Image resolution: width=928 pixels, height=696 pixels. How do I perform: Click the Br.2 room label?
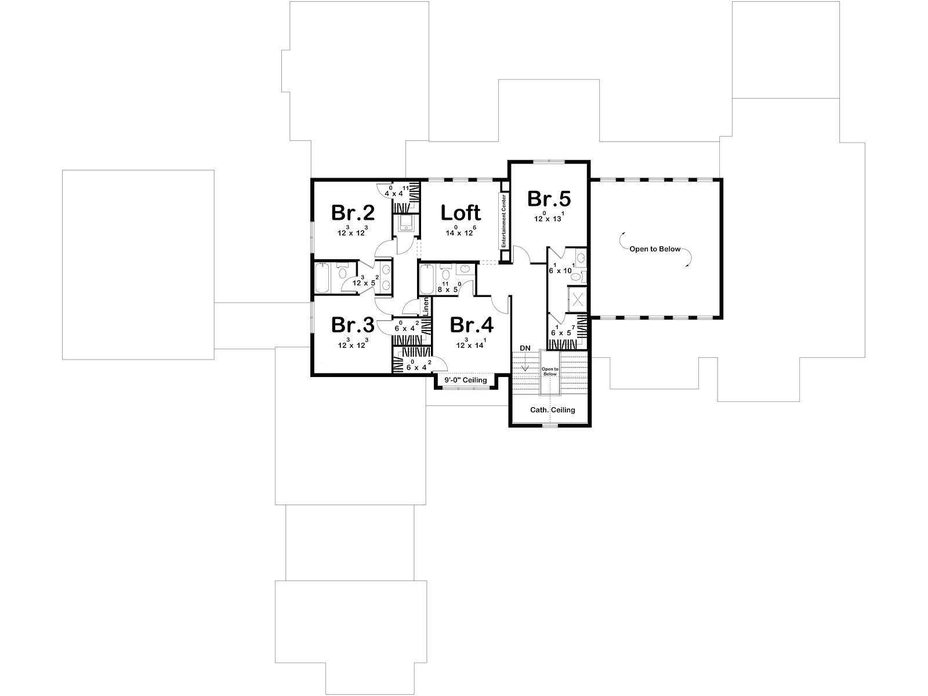point(353,212)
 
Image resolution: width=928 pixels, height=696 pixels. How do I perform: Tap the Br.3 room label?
point(353,325)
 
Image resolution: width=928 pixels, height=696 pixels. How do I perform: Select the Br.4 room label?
point(472,325)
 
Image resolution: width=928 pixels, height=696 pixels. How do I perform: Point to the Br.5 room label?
point(549,198)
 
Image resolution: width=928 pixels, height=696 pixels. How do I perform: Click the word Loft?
point(461,212)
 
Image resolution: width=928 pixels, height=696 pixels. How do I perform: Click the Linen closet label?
point(426,306)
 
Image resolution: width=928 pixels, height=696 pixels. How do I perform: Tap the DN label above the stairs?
point(525,348)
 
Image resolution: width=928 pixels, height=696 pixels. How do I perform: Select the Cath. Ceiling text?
point(553,409)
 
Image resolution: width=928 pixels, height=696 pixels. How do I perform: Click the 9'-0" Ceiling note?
point(466,380)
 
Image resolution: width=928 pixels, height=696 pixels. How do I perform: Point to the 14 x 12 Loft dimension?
point(461,231)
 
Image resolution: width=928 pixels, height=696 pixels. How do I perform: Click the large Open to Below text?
point(655,249)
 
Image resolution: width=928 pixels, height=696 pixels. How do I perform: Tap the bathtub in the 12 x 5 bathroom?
point(322,278)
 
